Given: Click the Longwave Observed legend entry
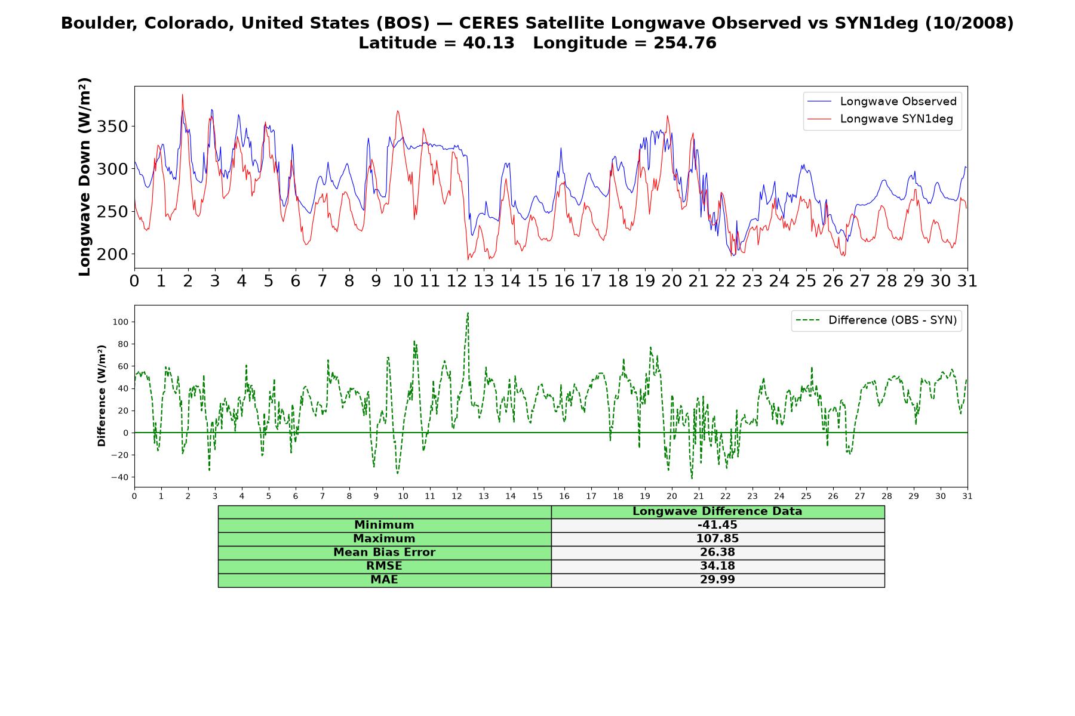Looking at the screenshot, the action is (x=881, y=101).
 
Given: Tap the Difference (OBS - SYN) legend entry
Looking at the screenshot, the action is (x=877, y=320).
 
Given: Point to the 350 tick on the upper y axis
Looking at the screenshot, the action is (x=113, y=126).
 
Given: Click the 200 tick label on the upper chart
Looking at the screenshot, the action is (x=113, y=254).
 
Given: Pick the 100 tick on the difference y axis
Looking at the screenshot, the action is (x=120, y=322).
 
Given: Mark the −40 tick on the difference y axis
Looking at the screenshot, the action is (x=119, y=477).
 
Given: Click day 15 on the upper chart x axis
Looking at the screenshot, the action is (x=537, y=281).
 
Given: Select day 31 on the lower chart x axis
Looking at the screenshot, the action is (x=967, y=496).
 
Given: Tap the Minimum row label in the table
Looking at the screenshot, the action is (x=384, y=525).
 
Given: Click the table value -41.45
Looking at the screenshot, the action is (x=717, y=525).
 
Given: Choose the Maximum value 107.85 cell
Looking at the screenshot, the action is (x=717, y=539).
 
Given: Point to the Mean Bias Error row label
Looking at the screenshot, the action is (x=384, y=553).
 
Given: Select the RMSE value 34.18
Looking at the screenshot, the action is (x=717, y=566).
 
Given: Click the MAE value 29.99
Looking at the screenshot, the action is (x=717, y=580).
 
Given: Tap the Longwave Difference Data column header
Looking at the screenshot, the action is (x=717, y=511).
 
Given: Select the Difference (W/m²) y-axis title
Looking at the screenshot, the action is (x=102, y=396).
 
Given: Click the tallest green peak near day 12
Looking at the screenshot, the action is (x=468, y=313).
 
